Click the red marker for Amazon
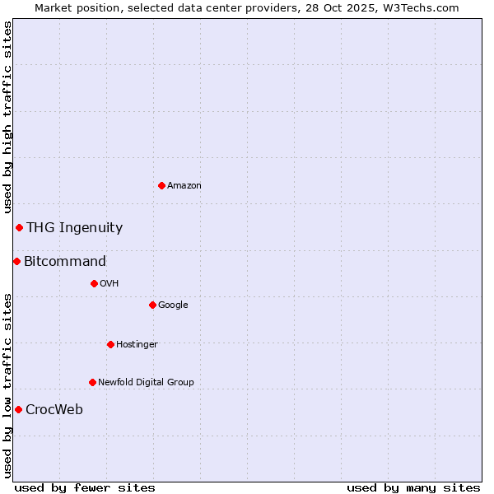tap(161, 185)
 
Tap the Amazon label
tap(184, 186)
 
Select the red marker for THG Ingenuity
tap(19, 227)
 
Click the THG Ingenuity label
tap(74, 228)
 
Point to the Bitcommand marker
tap(16, 261)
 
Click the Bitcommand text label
tap(65, 262)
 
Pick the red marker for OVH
tap(94, 283)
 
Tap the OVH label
tap(110, 284)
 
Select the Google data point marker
tap(152, 305)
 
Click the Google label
tap(173, 305)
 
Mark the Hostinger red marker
tap(110, 344)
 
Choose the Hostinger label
tap(137, 345)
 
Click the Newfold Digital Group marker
tap(92, 382)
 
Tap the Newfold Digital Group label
tap(146, 383)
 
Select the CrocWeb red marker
tap(18, 409)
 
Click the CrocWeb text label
tap(54, 410)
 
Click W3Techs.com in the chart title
tap(424, 7)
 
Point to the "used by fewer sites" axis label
tap(85, 487)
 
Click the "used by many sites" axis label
tap(413, 487)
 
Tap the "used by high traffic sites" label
tap(7, 118)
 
